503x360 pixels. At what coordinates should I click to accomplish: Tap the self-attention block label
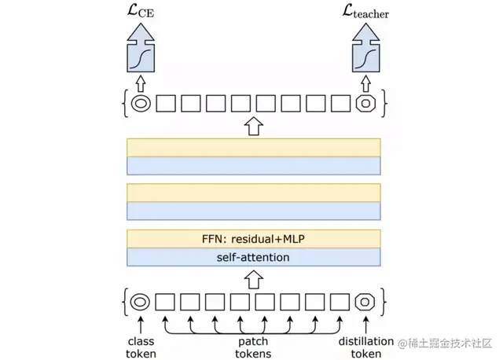(x=253, y=258)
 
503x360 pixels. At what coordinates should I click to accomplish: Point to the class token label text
(x=141, y=347)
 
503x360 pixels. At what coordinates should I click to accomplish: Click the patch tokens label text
(x=253, y=347)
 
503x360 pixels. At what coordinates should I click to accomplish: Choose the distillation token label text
(x=365, y=347)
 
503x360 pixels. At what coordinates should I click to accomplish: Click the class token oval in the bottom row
(x=141, y=301)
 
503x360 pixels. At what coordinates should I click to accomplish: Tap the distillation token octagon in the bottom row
(x=365, y=301)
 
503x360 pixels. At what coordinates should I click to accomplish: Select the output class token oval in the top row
(x=141, y=103)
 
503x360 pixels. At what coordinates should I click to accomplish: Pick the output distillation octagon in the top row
(x=365, y=103)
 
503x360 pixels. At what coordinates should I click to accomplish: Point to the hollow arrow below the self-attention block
(x=253, y=277)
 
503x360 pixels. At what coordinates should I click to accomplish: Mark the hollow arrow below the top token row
(x=253, y=125)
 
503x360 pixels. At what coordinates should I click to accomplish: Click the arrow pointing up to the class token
(x=141, y=322)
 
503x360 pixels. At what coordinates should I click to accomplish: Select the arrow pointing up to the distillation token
(x=365, y=322)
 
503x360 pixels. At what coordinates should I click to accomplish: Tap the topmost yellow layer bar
(x=253, y=147)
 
